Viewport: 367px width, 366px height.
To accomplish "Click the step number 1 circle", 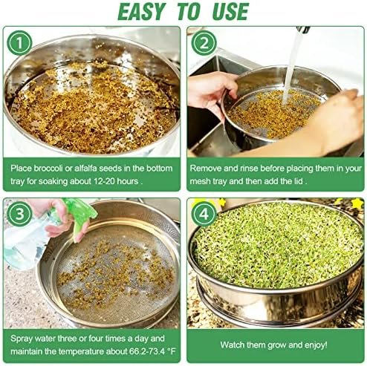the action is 19,43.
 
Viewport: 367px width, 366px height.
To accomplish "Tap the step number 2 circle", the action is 204,43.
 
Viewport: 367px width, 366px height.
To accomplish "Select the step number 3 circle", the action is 19,214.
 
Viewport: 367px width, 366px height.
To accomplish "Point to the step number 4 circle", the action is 204,214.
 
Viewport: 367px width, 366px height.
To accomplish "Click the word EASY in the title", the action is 141,12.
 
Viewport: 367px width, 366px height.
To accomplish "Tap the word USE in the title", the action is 230,12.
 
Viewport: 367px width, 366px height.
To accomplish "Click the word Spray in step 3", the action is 22,339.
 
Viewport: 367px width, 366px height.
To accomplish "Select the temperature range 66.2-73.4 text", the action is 147,351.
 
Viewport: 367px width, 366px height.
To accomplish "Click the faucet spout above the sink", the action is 303,30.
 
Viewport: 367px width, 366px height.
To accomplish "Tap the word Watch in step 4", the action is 232,345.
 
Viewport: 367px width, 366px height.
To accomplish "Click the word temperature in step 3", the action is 82,352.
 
